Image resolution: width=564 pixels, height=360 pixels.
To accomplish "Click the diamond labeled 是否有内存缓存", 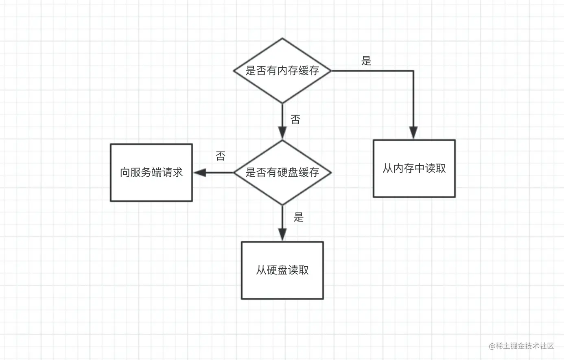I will tap(282, 70).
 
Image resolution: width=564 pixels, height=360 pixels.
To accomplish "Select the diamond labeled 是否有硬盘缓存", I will tap(282, 172).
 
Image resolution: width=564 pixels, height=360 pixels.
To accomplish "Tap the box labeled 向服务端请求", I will tap(151, 172).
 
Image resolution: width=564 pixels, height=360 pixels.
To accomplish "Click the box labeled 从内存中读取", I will tap(414, 169).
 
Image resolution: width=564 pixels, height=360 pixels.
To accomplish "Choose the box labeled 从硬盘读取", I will tap(282, 270).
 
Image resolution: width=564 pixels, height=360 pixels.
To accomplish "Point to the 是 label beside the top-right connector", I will tap(366, 61).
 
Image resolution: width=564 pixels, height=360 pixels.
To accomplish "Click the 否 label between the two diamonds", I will tap(295, 119).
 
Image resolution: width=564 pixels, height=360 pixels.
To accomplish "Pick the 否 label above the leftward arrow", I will tap(220, 156).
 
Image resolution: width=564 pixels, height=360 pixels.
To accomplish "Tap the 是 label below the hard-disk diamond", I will tap(299, 217).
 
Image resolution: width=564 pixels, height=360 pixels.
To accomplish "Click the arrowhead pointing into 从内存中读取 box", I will tap(413, 133).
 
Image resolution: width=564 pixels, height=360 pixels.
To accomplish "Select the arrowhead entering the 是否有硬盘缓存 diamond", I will tap(282, 133).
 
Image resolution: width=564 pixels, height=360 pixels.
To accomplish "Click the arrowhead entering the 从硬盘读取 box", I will tap(282, 235).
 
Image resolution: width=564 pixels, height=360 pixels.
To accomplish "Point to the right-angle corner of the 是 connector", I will tap(413, 71).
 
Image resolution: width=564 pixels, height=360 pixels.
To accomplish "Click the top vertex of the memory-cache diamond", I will tap(282, 39).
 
